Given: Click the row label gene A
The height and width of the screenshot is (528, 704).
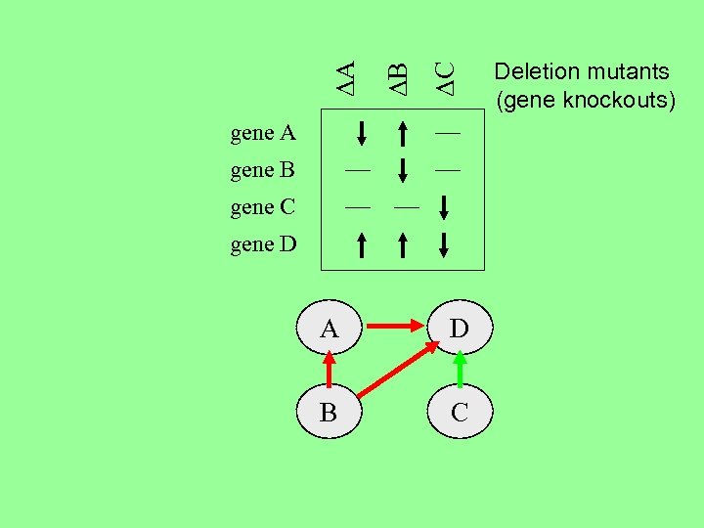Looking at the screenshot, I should point(263,132).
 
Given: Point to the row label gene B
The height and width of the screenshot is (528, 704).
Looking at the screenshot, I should point(263,170).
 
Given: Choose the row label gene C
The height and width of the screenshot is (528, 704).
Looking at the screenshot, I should point(263,206).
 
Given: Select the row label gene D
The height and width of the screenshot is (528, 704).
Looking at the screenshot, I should point(263,243).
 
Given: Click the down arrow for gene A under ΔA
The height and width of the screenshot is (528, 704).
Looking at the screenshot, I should point(360,132).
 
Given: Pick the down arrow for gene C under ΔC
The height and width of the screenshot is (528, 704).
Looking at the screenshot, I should point(445,207).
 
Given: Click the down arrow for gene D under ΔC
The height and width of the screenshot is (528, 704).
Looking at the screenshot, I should point(445,243).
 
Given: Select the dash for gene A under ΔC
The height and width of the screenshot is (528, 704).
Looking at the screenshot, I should point(447,130).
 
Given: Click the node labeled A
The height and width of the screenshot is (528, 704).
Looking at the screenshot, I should point(330,329).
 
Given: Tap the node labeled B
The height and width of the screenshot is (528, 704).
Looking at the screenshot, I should point(330,413).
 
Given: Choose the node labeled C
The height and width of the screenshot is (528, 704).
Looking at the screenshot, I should point(460,413).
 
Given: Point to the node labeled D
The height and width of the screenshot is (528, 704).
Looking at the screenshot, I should point(460,329).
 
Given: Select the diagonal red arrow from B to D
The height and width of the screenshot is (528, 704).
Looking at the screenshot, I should point(395,370).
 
